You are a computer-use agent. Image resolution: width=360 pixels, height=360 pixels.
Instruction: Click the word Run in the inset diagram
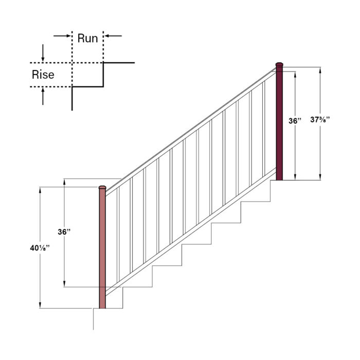87,38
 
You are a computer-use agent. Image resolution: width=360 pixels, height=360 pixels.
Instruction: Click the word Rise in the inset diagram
43,75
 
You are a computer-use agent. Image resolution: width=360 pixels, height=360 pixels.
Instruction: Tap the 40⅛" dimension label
40,248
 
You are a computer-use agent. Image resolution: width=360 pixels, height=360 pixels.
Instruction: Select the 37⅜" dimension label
320,120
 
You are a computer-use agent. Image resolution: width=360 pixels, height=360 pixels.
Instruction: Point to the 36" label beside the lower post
64,232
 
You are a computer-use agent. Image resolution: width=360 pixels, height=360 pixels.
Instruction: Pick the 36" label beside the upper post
295,121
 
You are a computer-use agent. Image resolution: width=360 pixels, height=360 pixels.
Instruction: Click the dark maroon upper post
280,123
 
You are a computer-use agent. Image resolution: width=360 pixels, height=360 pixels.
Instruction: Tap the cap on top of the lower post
102,187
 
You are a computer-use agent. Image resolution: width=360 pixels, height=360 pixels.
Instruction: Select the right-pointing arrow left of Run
62,35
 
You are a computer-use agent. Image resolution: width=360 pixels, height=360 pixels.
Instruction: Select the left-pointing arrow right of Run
113,35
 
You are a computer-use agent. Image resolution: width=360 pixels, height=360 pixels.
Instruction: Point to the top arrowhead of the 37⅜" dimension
320,71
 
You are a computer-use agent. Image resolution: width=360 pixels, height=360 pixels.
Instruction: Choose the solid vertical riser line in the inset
104,75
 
